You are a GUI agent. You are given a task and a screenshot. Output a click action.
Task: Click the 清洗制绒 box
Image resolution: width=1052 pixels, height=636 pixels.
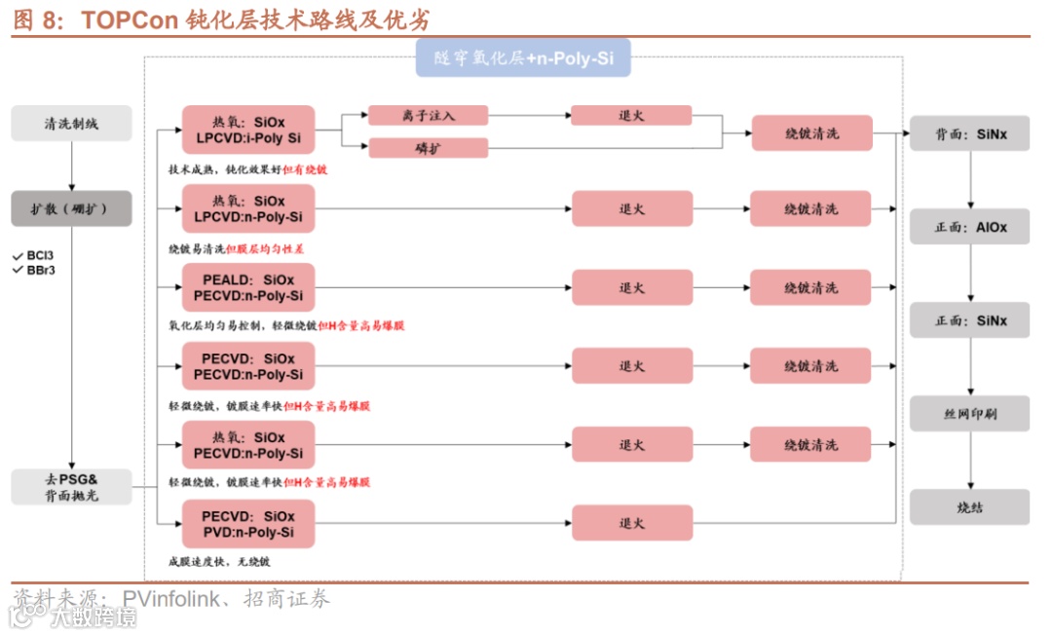click(71, 124)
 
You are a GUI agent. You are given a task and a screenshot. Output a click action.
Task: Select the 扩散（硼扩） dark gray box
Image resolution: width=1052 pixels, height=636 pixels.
click(71, 208)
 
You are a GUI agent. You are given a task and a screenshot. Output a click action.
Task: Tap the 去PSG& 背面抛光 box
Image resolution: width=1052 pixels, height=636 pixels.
click(71, 487)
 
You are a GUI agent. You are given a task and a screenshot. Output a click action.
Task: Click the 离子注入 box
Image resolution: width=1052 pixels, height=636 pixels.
click(428, 116)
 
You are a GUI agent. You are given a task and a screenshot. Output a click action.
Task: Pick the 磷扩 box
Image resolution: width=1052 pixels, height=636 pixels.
click(428, 148)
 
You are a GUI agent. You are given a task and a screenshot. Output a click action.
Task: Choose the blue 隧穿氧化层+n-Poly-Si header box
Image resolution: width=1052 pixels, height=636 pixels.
click(523, 58)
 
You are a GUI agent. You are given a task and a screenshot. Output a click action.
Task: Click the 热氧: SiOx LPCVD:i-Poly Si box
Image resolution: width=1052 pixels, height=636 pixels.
click(248, 131)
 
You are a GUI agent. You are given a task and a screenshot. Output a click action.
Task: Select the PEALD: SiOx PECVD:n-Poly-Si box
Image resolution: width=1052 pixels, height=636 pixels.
click(248, 287)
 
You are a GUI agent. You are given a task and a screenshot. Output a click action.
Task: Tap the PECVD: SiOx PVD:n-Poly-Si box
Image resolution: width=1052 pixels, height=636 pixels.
click(248, 524)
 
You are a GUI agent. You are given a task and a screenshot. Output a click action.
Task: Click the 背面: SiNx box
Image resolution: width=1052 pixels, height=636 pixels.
click(969, 133)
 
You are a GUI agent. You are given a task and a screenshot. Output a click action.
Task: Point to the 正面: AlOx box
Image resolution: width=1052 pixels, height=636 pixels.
click(969, 227)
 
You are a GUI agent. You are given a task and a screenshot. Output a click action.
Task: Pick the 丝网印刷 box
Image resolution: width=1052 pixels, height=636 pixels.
click(969, 414)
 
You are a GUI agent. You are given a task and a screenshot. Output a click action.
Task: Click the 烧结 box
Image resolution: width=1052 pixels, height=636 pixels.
click(969, 507)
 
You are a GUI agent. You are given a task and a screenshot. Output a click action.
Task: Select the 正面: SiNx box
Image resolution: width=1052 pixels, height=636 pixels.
click(969, 320)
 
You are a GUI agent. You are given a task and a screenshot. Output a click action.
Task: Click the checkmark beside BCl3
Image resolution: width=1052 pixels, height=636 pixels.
click(17, 255)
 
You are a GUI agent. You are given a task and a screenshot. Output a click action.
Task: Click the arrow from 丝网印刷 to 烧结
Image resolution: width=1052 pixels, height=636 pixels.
click(969, 461)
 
